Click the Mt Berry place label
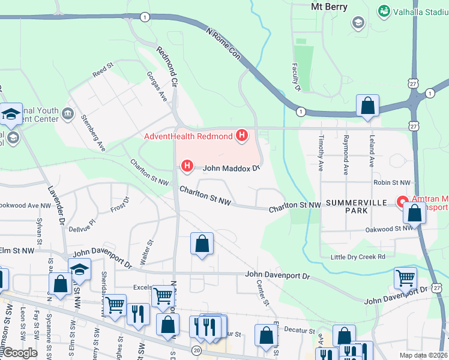tap(330, 7)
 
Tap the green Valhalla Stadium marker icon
tap(383, 11)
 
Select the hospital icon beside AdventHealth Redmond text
tap(241, 136)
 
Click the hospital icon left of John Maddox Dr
tap(187, 166)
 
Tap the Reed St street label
tap(103, 70)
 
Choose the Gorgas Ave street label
tap(157, 86)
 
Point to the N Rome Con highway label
tap(223, 44)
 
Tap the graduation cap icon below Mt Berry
tap(358, 23)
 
